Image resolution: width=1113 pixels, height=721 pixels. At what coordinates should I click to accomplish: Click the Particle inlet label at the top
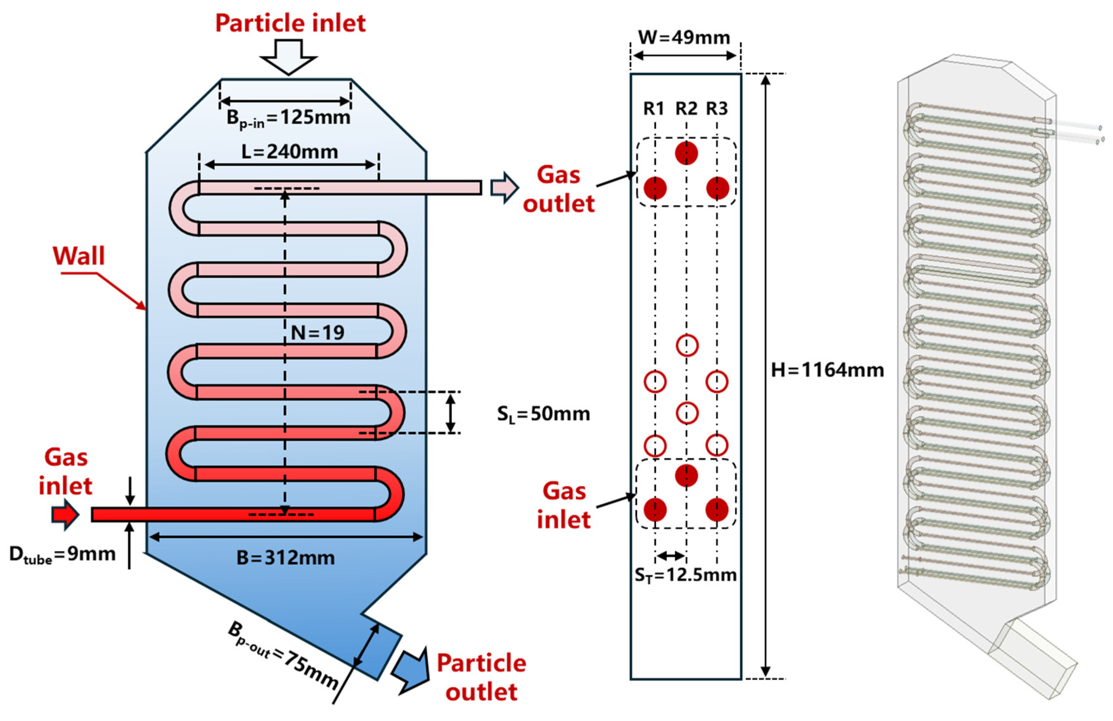pos(290,23)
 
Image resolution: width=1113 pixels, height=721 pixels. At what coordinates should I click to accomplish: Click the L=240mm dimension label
pos(290,152)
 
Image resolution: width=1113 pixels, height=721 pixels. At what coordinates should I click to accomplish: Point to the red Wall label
pos(79,256)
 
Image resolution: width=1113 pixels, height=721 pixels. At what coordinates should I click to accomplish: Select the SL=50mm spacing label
pos(543,414)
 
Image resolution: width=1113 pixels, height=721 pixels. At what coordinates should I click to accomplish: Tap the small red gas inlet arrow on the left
pos(65,515)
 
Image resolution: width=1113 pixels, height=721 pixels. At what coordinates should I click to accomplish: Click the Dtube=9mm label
pos(62,555)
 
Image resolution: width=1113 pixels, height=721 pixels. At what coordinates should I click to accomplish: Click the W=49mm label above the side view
pos(684,37)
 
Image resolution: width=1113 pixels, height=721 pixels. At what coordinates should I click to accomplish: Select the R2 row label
pos(686,109)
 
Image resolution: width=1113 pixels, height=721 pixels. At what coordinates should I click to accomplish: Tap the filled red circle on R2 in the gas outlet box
pos(686,153)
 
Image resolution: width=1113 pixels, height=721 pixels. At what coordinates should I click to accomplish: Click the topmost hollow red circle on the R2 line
pos(687,346)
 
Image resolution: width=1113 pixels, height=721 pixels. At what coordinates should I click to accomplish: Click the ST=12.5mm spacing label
pos(686,575)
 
